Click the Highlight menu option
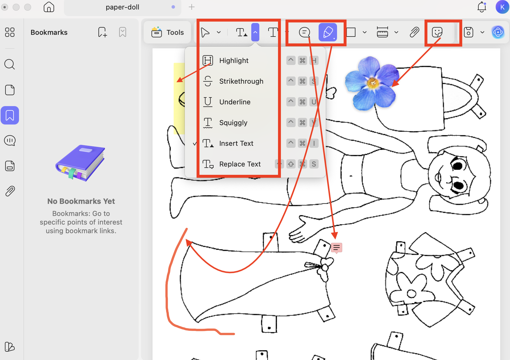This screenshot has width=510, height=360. tap(233, 61)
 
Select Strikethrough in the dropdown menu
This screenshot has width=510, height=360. tap(241, 81)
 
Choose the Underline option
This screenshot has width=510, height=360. tap(235, 102)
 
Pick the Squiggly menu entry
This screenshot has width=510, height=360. tap(233, 123)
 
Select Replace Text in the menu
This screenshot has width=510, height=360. tap(239, 164)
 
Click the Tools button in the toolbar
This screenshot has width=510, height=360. tap(168, 32)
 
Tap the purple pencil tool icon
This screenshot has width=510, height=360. tap(328, 32)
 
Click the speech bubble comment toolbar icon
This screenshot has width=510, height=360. tap(304, 32)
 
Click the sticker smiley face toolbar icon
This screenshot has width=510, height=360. tap(437, 32)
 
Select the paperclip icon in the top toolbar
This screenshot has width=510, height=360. tap(414, 32)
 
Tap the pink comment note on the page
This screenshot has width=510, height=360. tap(336, 248)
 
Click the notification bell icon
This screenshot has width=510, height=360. tap(482, 7)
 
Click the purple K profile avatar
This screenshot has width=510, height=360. tap(502, 7)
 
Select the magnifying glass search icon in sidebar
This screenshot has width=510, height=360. tap(9, 64)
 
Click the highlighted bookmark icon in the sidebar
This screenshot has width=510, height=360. tap(10, 115)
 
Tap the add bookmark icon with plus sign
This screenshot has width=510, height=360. tap(102, 32)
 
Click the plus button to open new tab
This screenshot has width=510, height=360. tap(192, 7)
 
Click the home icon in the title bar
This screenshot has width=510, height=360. tap(49, 7)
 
